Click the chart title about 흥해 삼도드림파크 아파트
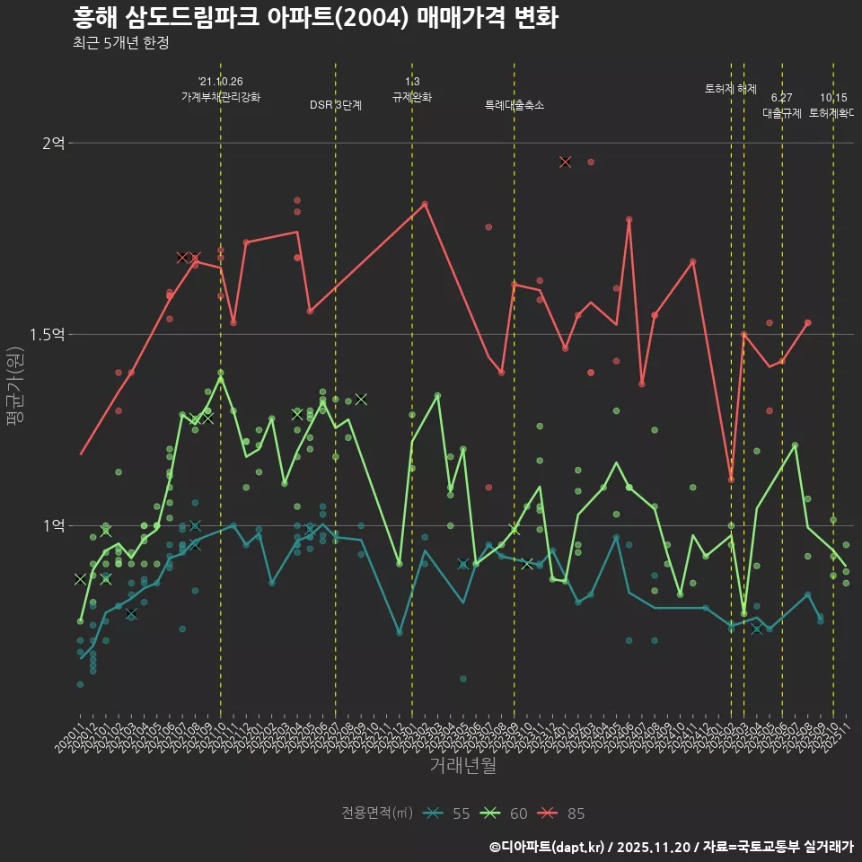(315, 18)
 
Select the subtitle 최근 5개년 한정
(120, 43)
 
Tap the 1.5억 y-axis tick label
(48, 334)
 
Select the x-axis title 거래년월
(462, 766)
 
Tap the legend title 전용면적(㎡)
(377, 814)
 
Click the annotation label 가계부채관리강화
(221, 97)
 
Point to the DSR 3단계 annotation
(336, 105)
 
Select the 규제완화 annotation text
(412, 97)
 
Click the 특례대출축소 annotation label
(515, 105)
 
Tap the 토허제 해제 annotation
(731, 89)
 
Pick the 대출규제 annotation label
(782, 113)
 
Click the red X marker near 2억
(565, 162)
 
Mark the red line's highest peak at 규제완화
(425, 204)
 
